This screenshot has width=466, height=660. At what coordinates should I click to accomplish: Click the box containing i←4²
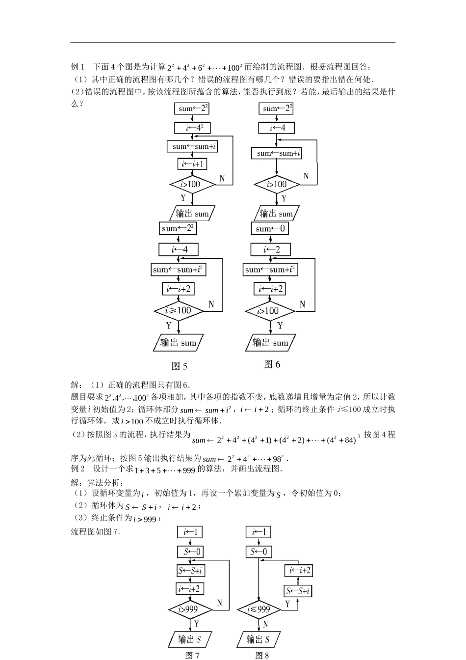(x=192, y=128)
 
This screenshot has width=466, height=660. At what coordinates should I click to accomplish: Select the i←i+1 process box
(x=192, y=164)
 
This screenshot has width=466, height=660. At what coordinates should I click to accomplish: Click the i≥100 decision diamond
(x=179, y=311)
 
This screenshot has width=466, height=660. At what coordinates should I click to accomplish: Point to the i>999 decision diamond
(x=190, y=609)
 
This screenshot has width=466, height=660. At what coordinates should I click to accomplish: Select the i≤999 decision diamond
(x=259, y=609)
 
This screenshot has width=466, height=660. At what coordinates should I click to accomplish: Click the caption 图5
(x=180, y=366)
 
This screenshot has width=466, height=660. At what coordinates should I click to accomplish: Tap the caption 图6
(x=272, y=364)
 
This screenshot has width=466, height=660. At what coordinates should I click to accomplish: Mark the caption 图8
(x=262, y=655)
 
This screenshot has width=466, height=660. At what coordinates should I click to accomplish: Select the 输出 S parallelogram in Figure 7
(x=190, y=639)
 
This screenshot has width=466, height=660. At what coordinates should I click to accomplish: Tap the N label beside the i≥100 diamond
(x=211, y=304)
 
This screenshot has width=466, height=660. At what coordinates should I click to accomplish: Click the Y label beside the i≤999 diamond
(x=288, y=604)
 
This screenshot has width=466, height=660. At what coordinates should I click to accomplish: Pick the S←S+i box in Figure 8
(x=298, y=591)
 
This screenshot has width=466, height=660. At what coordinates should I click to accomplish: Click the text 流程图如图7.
(x=96, y=531)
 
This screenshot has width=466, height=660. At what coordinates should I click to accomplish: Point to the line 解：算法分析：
(x=98, y=482)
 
